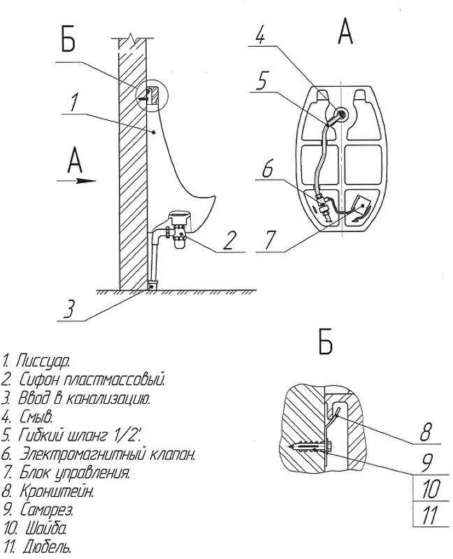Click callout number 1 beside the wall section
click(73, 103)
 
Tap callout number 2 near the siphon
click(229, 240)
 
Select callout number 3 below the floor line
click(68, 308)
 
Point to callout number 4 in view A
click(261, 35)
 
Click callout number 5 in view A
click(261, 81)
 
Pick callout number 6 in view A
click(267, 168)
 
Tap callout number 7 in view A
click(270, 240)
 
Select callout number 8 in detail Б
click(426, 432)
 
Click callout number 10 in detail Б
click(431, 488)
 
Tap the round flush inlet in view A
click(341, 115)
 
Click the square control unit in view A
click(361, 207)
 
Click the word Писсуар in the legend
click(43, 361)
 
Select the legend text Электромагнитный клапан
click(107, 455)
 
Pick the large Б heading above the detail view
click(326, 342)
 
